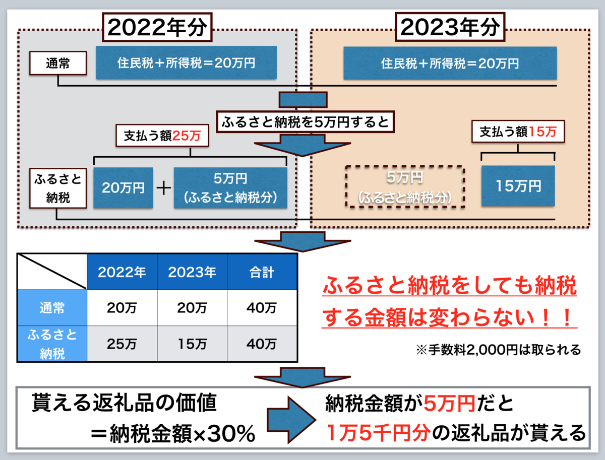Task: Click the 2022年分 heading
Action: pyautogui.click(x=158, y=28)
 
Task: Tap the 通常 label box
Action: pyautogui.click(x=58, y=64)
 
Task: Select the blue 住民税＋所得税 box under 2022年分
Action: pyautogui.click(x=186, y=62)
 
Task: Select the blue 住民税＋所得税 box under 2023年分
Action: pyautogui.click(x=450, y=63)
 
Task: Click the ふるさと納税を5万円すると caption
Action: pyautogui.click(x=306, y=121)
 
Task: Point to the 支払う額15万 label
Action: pyautogui.click(x=518, y=132)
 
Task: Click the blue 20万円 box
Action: pyautogui.click(x=123, y=188)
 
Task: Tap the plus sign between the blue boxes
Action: pyautogui.click(x=163, y=188)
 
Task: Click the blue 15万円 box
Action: pyautogui.click(x=518, y=186)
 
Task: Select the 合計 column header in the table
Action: pyautogui.click(x=262, y=273)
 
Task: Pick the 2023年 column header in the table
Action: pyautogui.click(x=192, y=273)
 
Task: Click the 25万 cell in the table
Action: pyautogui.click(x=122, y=344)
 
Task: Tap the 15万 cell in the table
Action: pyautogui.click(x=192, y=344)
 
